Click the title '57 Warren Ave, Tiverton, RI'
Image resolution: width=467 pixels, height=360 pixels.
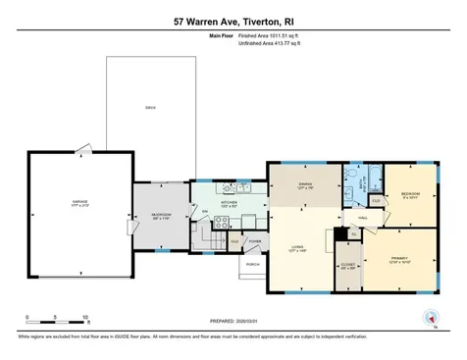(x=233, y=21)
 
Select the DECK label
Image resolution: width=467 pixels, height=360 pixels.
(x=149, y=107)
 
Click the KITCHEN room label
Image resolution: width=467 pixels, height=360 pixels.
(x=227, y=204)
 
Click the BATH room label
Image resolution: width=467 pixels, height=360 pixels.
(x=362, y=182)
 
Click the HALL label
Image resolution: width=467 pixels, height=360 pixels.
(x=362, y=218)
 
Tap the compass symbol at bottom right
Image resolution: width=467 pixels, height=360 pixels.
(x=428, y=317)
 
